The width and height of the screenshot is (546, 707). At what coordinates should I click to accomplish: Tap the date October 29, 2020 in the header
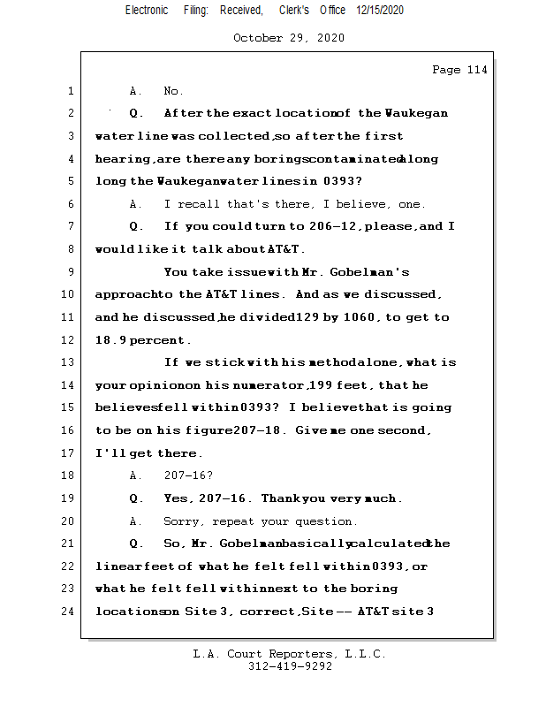pos(289,38)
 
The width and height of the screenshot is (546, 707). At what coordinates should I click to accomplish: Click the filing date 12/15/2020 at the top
pos(380,10)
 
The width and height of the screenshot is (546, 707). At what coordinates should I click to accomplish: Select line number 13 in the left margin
pos(69,362)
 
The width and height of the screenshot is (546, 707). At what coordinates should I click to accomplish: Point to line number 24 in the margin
pos(69,611)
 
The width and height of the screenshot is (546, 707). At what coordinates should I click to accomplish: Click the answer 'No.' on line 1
pos(173,91)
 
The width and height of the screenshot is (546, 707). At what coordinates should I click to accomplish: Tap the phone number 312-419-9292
pos(289,666)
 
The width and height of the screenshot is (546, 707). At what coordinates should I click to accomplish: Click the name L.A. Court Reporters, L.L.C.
pos(289,654)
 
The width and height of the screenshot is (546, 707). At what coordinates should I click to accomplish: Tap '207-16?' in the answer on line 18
pos(188,475)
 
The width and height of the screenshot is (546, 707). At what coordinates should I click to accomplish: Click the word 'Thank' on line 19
pos(282,498)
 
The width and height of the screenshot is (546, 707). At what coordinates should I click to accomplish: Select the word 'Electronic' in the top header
pos(147,10)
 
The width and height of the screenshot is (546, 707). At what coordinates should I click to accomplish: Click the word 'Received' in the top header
pos(241,10)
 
